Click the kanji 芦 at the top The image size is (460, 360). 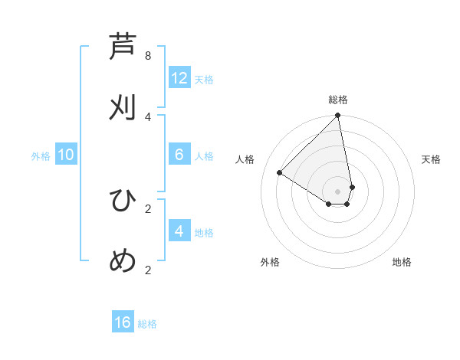click(x=123, y=47)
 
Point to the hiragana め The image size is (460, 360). click(x=123, y=260)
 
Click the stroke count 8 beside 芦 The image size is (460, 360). click(x=148, y=56)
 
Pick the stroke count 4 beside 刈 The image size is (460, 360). click(x=148, y=116)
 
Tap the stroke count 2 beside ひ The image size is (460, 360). click(x=148, y=208)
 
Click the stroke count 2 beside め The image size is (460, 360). click(x=148, y=269)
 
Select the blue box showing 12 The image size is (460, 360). click(x=179, y=78)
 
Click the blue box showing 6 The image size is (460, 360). click(x=179, y=155)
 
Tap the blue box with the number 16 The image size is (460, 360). click(x=123, y=322)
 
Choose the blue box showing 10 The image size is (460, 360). click(x=66, y=155)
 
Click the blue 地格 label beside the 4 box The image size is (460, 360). click(x=204, y=233)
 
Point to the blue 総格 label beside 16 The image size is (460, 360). click(x=147, y=324)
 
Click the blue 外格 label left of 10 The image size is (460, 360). click(x=41, y=156)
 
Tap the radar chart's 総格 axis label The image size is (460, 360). click(x=338, y=100)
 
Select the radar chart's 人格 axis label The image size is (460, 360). click(x=245, y=159)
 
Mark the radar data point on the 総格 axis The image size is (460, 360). click(x=338, y=116)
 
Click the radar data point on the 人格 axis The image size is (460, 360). click(x=280, y=173)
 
